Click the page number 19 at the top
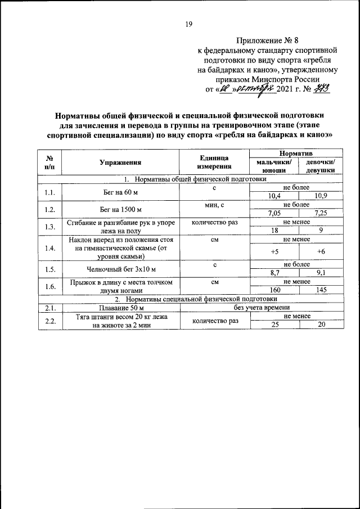click(x=189, y=24)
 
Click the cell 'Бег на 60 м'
click(x=120, y=193)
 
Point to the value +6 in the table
click(x=321, y=251)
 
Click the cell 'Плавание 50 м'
click(x=120, y=308)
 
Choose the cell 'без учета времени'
click(x=262, y=308)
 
